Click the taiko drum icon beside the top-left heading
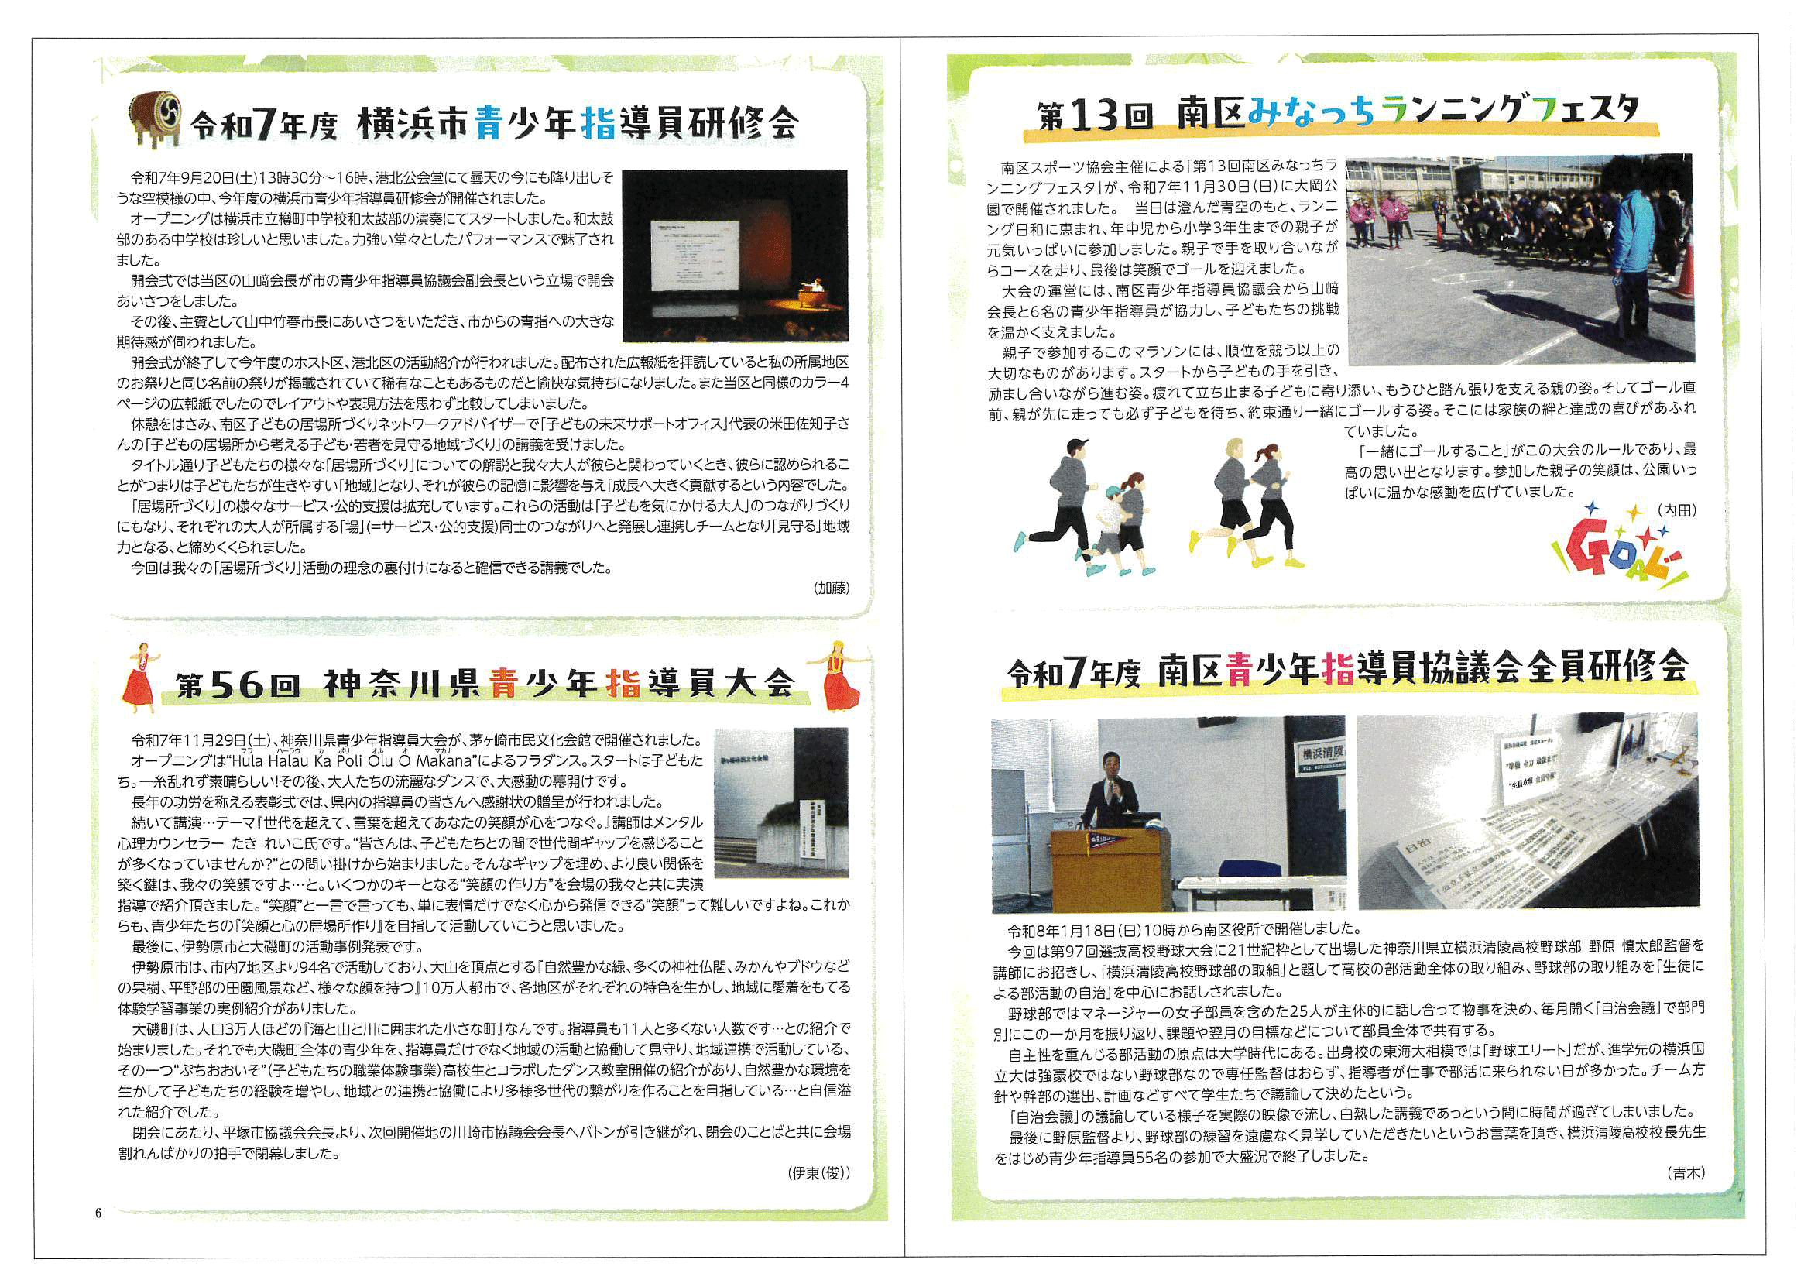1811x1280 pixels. pyautogui.click(x=156, y=118)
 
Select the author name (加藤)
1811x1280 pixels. pyautogui.click(x=832, y=588)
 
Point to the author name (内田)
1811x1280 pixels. pyautogui.click(x=1676, y=510)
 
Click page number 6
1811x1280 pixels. pyautogui.click(x=98, y=1213)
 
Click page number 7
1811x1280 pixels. pyautogui.click(x=1740, y=1197)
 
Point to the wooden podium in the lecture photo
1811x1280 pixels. pyautogui.click(x=1104, y=867)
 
